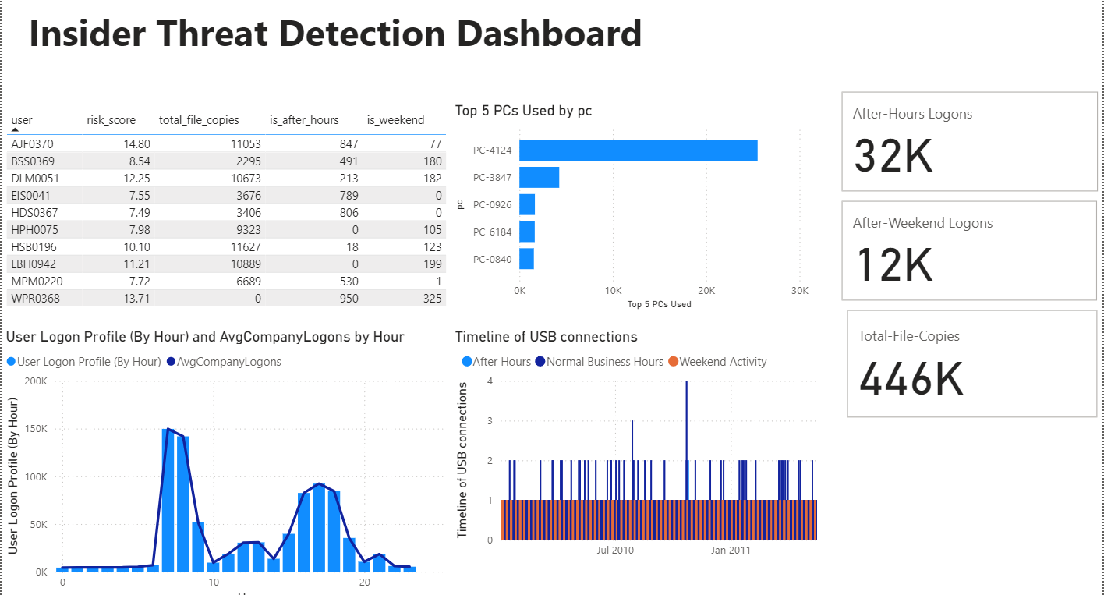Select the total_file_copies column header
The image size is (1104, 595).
click(199, 120)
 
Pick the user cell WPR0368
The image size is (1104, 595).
click(35, 299)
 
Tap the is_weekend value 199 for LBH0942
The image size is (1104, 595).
click(432, 264)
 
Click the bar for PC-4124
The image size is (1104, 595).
click(638, 150)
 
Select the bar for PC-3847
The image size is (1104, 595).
click(539, 177)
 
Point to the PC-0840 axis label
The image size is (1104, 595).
click(492, 259)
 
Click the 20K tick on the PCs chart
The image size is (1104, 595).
click(706, 290)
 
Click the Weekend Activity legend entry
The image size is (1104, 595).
click(723, 362)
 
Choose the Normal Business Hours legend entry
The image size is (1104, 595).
click(604, 362)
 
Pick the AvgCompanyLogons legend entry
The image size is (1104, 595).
click(228, 362)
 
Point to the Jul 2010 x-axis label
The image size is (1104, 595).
click(615, 551)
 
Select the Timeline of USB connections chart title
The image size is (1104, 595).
click(546, 337)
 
